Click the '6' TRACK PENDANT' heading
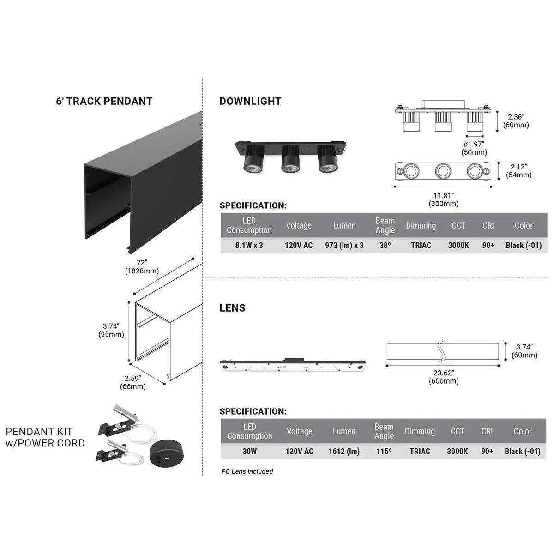pos(104,102)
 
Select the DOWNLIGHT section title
pos(250,102)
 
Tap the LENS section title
pos(232,308)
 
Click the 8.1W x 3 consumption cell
pos(249,245)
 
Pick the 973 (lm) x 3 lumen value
pos(344,245)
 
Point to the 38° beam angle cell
pos(385,245)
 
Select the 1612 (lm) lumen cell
pos(344,451)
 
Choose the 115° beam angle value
pos(384,451)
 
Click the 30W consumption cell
pos(249,451)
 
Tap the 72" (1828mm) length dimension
pos(142,267)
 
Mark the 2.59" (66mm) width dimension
pos(132,382)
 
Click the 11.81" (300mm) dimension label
pos(443,199)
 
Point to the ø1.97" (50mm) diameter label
pos(475,148)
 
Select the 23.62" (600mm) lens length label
pos(443,377)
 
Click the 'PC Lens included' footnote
pos(247,471)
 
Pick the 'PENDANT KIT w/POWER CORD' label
pos(45,438)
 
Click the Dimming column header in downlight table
pos(421,226)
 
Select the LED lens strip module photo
pos(293,365)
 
